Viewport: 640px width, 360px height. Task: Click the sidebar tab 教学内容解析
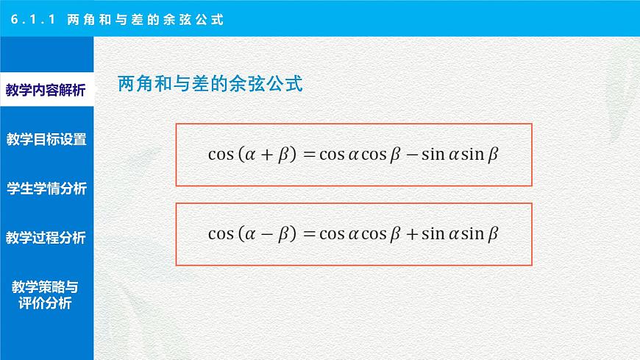[46, 91]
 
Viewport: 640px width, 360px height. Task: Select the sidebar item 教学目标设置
[46, 139]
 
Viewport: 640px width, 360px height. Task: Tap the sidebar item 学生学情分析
[46, 188]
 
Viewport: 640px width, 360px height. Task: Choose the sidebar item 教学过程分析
[46, 238]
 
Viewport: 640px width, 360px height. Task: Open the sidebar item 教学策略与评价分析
[46, 294]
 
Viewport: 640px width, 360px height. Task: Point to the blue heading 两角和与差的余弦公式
[210, 85]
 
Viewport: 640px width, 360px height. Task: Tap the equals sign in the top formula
[308, 155]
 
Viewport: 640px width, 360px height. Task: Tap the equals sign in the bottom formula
[308, 234]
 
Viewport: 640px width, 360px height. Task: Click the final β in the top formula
[493, 155]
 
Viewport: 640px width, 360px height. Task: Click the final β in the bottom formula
[493, 234]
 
